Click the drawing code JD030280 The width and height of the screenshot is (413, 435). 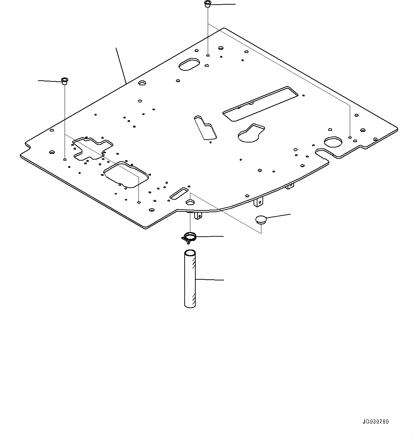tap(376, 422)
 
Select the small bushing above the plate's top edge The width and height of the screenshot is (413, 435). tap(207, 4)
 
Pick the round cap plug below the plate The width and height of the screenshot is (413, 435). tap(261, 219)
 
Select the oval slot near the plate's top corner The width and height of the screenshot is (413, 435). tap(188, 64)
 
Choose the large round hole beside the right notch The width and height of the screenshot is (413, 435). tap(334, 141)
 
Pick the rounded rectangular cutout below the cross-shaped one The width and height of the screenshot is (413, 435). tap(125, 174)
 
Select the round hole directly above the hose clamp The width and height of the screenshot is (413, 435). tap(190, 202)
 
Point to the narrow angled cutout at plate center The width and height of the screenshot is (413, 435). tap(206, 127)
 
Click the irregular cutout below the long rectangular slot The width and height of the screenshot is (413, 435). tap(252, 133)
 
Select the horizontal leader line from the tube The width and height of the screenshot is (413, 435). tap(210, 280)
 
